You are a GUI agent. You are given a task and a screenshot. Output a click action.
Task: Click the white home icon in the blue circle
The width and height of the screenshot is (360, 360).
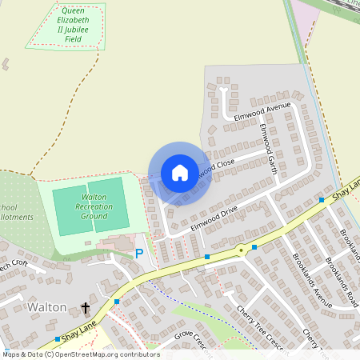(x=180, y=173)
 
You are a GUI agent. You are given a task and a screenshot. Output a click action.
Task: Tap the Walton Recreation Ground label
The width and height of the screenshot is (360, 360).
(x=94, y=206)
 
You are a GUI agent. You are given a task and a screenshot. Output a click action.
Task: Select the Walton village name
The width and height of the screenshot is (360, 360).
(x=47, y=307)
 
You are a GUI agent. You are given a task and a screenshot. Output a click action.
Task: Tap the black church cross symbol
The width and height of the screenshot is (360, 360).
(x=86, y=307)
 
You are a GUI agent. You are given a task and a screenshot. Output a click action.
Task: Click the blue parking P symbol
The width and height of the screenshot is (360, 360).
(x=139, y=254)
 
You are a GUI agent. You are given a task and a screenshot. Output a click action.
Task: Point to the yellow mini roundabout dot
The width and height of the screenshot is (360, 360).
(x=240, y=250)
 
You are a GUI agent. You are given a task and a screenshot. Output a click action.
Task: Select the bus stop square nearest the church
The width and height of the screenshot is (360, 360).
(x=117, y=302)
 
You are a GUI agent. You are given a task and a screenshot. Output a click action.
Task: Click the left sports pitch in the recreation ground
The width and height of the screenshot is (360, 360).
(x=72, y=210)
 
